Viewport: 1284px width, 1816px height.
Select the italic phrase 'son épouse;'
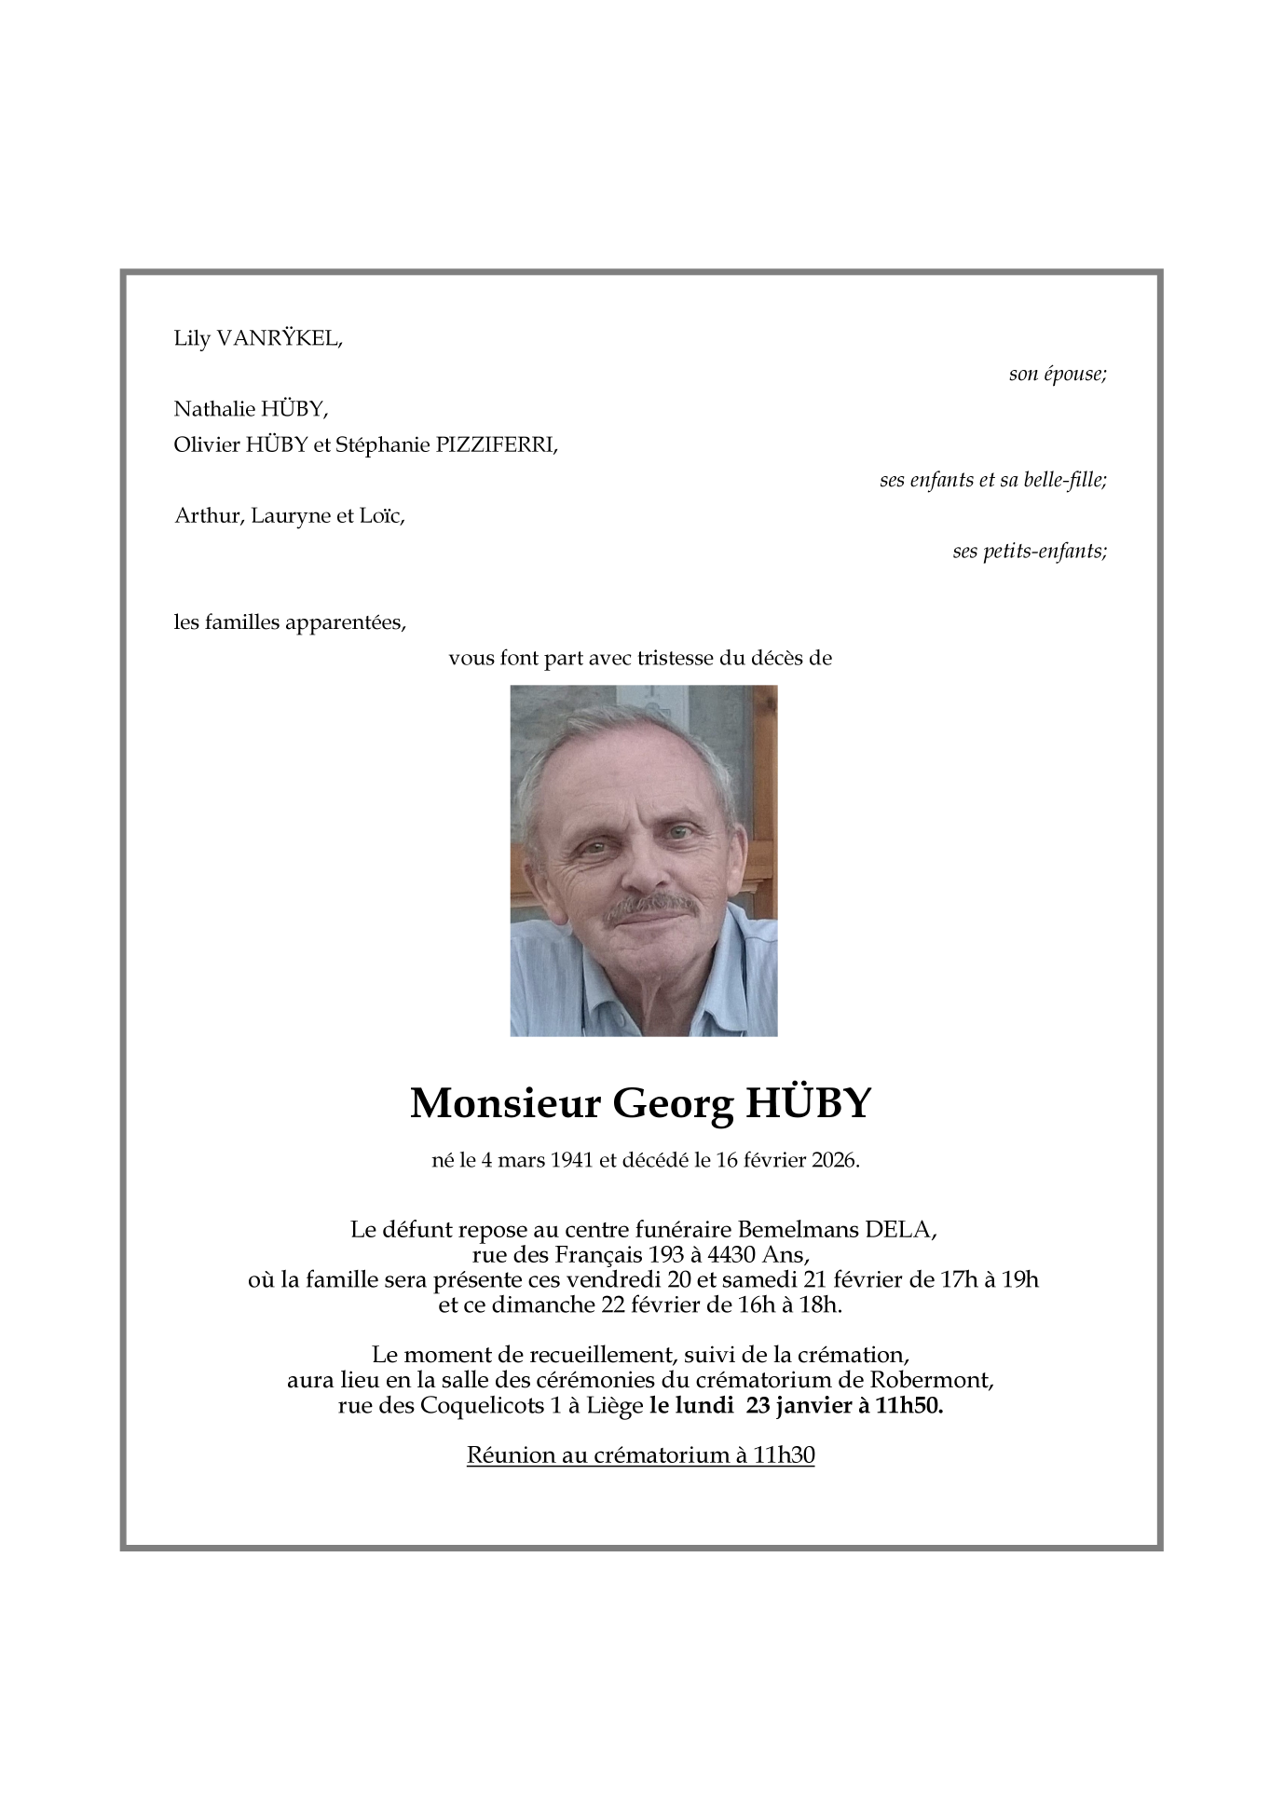(1058, 374)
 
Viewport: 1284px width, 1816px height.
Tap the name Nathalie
(214, 408)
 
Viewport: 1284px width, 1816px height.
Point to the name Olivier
(207, 444)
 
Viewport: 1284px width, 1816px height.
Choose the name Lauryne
(291, 515)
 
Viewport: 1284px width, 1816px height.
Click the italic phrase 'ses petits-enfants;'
(1030, 551)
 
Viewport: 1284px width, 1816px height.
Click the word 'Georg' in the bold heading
(672, 1103)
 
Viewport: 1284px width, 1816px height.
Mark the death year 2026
(834, 1160)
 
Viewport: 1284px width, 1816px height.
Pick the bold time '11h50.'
(909, 1405)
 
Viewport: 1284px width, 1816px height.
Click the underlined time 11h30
(785, 1454)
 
